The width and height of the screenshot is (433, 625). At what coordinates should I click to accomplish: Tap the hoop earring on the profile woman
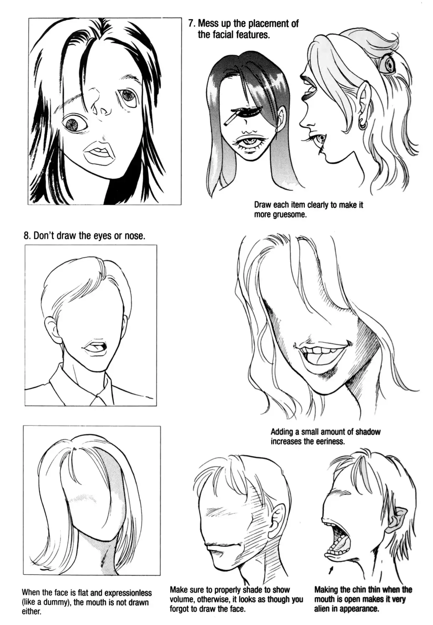tap(362, 124)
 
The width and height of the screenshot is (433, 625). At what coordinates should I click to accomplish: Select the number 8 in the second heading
tap(26, 236)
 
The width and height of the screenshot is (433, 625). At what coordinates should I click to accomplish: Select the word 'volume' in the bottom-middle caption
tap(182, 599)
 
